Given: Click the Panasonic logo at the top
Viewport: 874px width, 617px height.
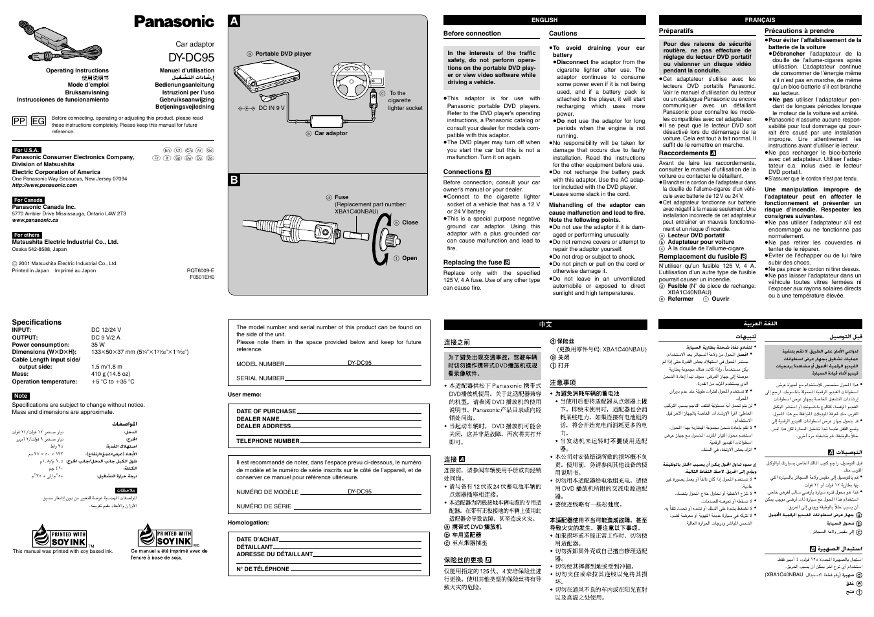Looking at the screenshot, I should click(x=174, y=22).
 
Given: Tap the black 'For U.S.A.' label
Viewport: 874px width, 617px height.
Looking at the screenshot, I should click(x=27, y=150).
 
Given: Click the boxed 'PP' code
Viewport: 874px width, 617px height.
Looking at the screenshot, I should click(x=20, y=121).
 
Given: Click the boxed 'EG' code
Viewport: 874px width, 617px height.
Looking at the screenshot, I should click(x=38, y=121).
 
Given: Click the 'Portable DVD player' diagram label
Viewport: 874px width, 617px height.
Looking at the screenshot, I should click(x=283, y=54).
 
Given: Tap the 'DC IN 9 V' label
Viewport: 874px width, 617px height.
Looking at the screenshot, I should click(x=271, y=108).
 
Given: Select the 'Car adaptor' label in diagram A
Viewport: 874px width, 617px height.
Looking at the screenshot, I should click(x=331, y=133).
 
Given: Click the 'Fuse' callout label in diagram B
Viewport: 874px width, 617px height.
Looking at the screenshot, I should click(x=341, y=197).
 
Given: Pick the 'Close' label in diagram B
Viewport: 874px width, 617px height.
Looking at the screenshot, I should click(x=410, y=222).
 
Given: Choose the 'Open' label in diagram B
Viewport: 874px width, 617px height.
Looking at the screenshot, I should click(x=409, y=258).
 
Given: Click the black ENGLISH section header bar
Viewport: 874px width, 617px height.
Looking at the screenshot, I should click(x=544, y=20).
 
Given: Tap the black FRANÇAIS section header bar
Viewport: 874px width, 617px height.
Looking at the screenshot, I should click(x=759, y=20).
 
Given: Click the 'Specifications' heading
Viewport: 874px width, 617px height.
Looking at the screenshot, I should click(x=37, y=322).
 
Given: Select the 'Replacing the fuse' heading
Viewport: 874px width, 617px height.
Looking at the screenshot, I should click(x=473, y=263).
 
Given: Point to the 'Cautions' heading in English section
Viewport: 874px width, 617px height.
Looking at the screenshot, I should click(x=563, y=34).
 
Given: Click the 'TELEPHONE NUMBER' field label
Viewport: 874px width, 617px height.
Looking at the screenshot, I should click(x=268, y=441).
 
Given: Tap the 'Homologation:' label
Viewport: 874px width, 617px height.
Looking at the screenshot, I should click(x=248, y=523).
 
